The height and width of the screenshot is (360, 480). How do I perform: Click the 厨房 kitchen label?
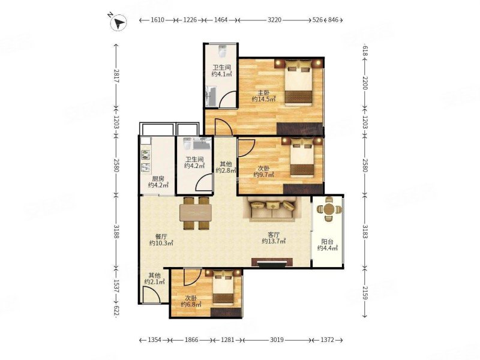(x=158, y=179)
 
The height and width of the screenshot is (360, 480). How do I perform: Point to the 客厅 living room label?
(x=274, y=235)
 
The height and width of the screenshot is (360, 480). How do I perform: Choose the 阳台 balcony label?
(x=327, y=242)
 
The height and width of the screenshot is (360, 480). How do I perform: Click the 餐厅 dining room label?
(x=161, y=236)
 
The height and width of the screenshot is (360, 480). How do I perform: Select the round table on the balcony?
(x=329, y=209)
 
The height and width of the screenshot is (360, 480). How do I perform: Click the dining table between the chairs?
(x=196, y=213)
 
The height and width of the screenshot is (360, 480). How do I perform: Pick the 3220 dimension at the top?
(x=274, y=20)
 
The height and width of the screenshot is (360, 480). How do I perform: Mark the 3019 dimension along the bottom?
(x=277, y=340)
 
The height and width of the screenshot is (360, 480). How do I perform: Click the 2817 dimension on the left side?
(x=116, y=77)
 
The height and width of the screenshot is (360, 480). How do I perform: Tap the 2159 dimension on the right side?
(x=365, y=292)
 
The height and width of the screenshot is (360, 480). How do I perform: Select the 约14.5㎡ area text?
(x=264, y=99)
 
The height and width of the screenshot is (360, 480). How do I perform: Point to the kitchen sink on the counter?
(x=145, y=167)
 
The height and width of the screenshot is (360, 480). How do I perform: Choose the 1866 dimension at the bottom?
(x=191, y=340)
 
